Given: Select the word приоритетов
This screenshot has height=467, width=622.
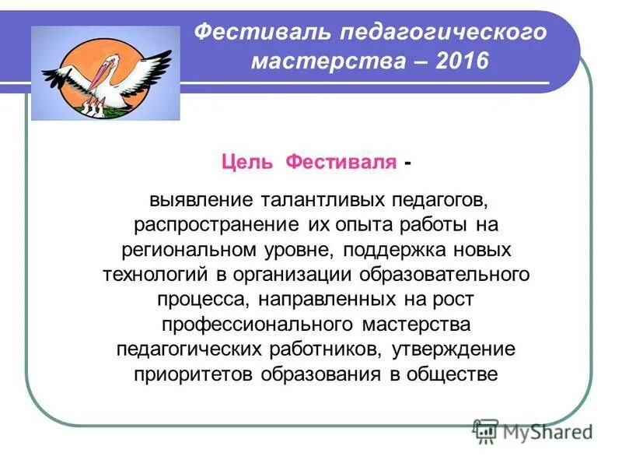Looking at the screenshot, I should [x=194, y=374].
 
